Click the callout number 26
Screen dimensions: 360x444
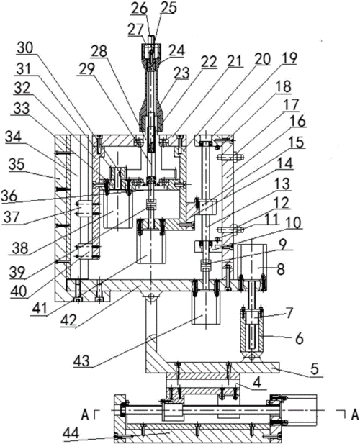click(x=140, y=9)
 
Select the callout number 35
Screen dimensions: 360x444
click(x=17, y=165)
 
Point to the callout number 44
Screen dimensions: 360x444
click(x=71, y=432)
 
